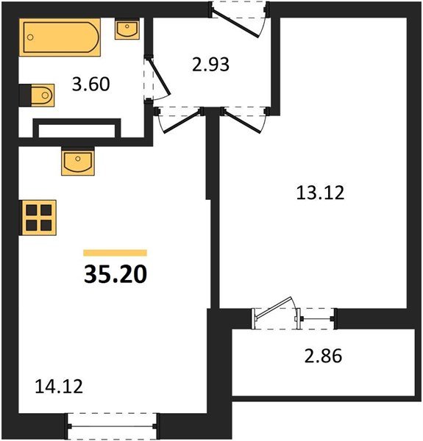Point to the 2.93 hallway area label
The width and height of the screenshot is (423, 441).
(211, 64)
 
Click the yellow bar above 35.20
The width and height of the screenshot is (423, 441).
(115, 252)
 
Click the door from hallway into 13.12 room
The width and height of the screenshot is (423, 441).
(243, 119)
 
